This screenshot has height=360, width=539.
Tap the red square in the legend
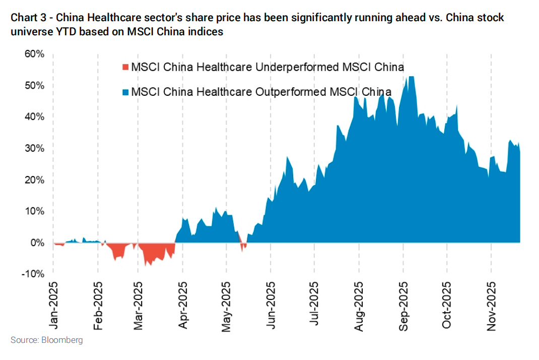[x=126, y=67]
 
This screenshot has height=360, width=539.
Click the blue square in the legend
[x=126, y=92]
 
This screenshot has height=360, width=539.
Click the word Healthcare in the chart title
[x=110, y=18]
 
